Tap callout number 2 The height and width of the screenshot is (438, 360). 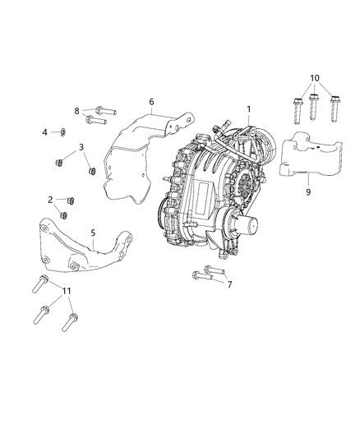pos(50,200)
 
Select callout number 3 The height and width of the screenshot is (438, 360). pos(81,148)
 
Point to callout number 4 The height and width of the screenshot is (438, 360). pos(44,131)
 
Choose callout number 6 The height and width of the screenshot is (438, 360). pos(151,102)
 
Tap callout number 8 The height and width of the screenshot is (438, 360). pos(76,111)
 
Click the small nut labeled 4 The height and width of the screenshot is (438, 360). pos(62,131)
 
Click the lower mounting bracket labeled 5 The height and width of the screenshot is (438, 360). pos(74,247)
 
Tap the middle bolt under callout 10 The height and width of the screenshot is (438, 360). pos(314,108)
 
